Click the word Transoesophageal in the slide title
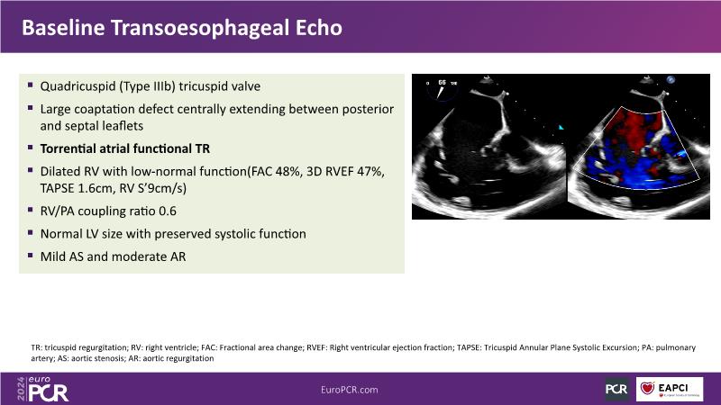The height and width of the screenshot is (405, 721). (x=200, y=28)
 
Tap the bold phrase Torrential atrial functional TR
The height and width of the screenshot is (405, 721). (x=125, y=148)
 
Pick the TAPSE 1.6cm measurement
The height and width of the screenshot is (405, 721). (x=76, y=188)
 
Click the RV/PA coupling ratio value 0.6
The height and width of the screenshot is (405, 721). (x=168, y=211)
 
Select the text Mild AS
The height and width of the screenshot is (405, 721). (x=61, y=256)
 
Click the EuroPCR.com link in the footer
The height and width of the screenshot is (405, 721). (x=350, y=390)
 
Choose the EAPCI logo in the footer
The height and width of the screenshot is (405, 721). (x=670, y=389)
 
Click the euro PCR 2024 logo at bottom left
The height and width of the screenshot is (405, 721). (x=42, y=389)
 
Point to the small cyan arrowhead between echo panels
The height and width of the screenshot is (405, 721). (x=561, y=127)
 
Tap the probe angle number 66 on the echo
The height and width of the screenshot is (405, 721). (x=442, y=82)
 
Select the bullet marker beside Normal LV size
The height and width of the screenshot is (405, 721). (x=31, y=232)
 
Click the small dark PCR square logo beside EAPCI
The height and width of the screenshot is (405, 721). (x=616, y=390)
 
